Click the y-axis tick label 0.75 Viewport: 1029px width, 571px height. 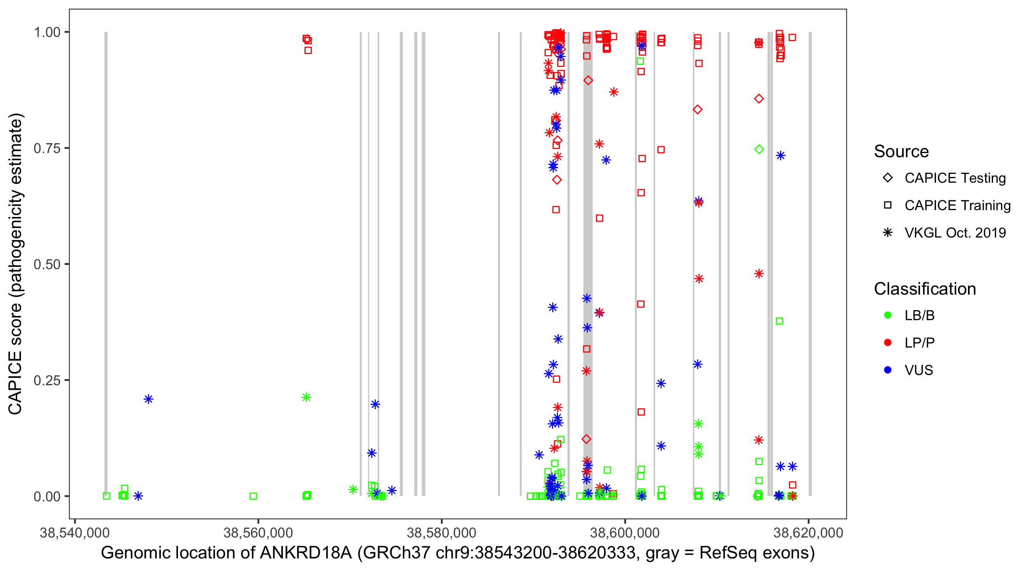[47, 148]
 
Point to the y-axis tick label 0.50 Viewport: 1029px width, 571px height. [47, 265]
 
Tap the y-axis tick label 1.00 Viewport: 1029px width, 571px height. [47, 32]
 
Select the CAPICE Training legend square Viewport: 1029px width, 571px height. [888, 206]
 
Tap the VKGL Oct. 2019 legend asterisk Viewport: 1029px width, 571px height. [888, 233]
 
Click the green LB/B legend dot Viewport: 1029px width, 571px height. [888, 315]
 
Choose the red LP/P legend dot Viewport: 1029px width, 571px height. [888, 343]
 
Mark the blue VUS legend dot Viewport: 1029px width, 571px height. [888, 370]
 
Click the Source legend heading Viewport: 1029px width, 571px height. [901, 152]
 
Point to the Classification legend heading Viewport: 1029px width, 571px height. [925, 289]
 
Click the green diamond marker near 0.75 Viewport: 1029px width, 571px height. [759, 149]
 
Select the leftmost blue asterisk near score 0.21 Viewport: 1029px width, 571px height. [149, 399]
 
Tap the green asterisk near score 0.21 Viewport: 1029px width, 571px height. [306, 397]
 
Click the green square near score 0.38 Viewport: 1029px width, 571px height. [779, 321]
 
